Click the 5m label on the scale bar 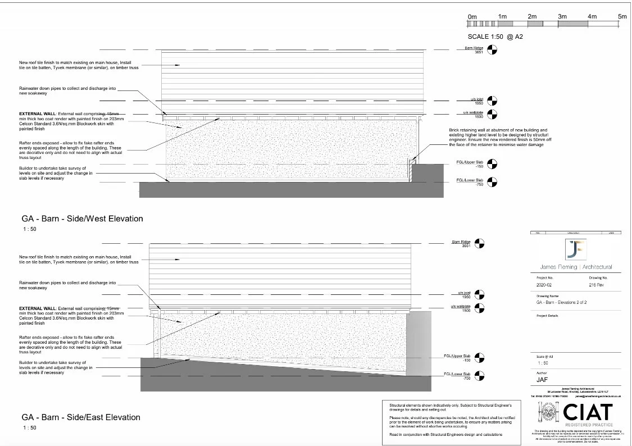click(622, 17)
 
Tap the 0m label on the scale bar click(472, 17)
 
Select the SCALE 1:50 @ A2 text click(495, 37)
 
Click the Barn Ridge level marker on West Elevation click(493, 51)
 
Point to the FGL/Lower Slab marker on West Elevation click(493, 182)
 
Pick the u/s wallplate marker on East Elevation click(479, 308)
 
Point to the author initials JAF click(542, 380)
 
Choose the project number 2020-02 click(545, 285)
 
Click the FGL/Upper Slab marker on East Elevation click(479, 357)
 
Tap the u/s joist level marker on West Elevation click(493, 102)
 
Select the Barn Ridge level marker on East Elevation click(479, 244)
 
